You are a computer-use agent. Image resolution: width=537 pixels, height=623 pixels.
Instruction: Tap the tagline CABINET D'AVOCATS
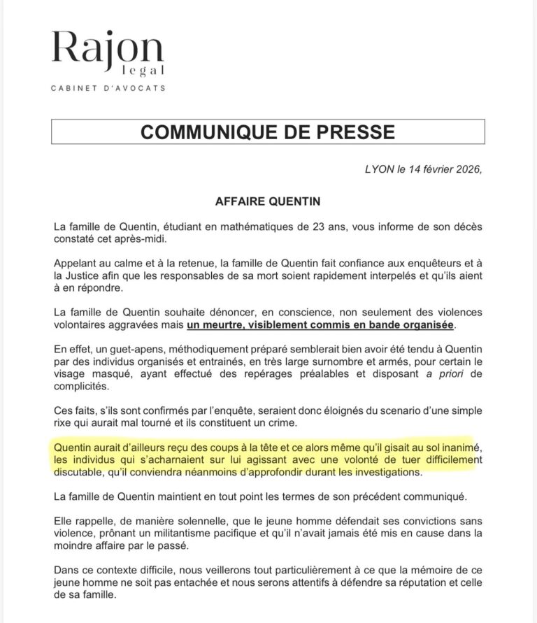coord(108,88)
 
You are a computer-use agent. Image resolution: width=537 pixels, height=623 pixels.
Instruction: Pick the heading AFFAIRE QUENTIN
coord(268,201)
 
